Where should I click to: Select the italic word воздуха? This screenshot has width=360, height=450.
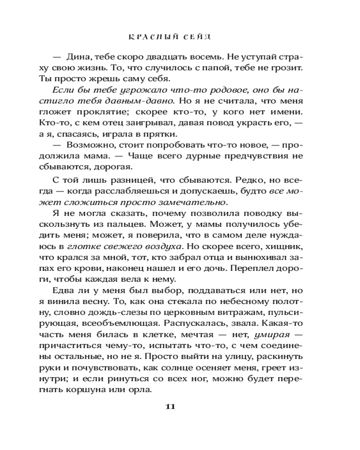point(160,247)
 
